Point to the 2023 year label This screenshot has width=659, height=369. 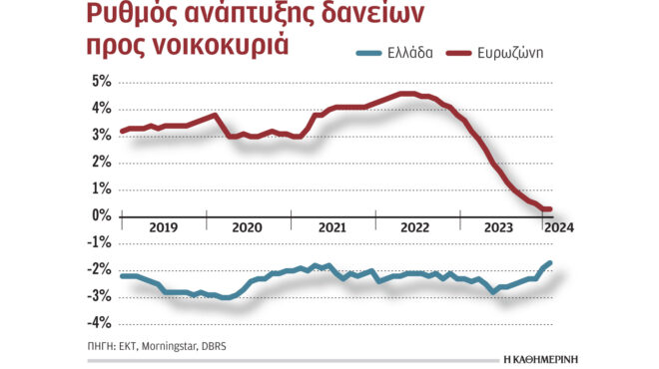click(499, 227)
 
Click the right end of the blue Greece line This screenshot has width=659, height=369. click(550, 263)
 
